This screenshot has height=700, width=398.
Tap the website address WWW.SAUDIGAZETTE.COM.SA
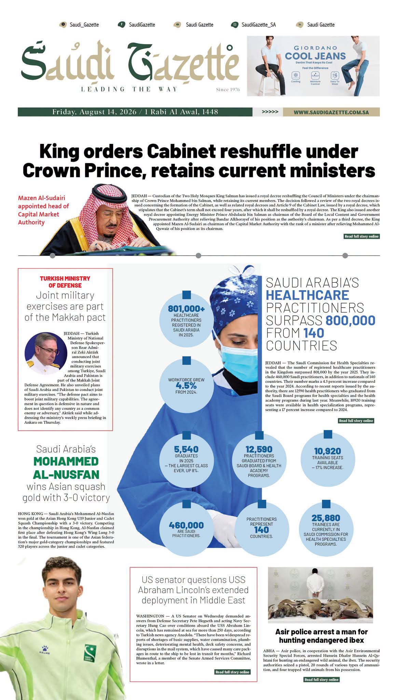click(331, 112)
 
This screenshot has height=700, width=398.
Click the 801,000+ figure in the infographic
click(186, 309)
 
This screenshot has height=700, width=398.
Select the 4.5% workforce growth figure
click(186, 385)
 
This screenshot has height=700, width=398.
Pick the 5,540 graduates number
click(186, 449)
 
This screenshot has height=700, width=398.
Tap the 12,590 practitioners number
click(259, 449)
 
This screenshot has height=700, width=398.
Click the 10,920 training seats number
click(327, 451)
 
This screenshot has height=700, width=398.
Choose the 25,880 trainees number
click(326, 518)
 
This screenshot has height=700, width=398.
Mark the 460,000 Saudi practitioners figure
click(186, 525)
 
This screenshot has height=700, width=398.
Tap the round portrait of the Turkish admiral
click(46, 353)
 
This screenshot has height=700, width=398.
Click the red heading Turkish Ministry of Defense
click(65, 282)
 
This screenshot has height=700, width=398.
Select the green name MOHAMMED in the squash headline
click(66, 461)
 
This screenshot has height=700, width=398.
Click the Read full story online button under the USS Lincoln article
click(232, 672)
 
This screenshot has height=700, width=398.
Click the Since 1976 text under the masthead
click(228, 90)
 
